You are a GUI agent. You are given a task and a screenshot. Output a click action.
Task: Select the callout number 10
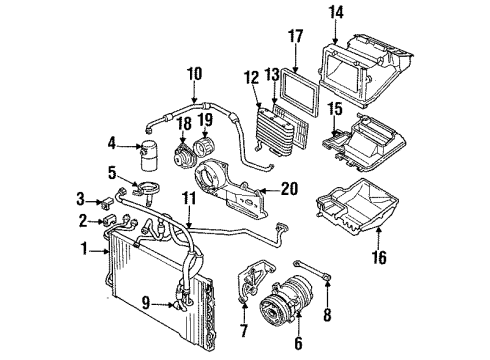click(193, 72)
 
